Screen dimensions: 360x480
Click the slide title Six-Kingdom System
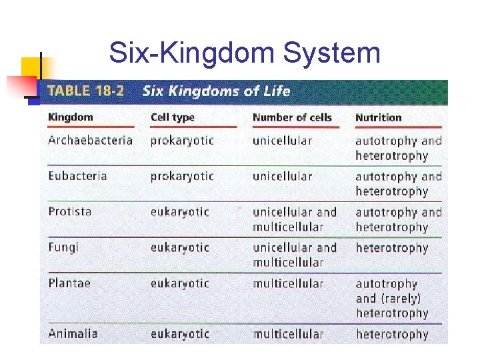(x=244, y=53)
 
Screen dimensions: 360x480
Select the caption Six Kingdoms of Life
(x=216, y=91)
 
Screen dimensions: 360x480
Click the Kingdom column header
(x=71, y=117)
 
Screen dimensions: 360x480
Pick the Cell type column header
(x=173, y=117)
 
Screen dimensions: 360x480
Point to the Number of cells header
(x=292, y=117)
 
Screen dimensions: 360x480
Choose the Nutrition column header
(x=378, y=117)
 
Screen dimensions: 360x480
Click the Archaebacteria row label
(x=90, y=140)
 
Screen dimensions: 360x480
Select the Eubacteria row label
(x=77, y=176)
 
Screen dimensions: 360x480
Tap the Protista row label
(x=70, y=211)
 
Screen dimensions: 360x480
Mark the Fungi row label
(x=63, y=247)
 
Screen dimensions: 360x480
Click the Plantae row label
(x=69, y=283)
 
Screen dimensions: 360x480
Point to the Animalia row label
(x=73, y=333)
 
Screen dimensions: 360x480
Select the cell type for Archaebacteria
(x=182, y=141)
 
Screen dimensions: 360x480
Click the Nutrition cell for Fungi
(x=391, y=248)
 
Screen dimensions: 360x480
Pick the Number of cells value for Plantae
(x=288, y=283)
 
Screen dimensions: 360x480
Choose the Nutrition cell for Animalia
(x=391, y=334)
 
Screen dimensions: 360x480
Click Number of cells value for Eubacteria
(x=282, y=176)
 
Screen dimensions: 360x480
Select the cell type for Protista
(x=179, y=212)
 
